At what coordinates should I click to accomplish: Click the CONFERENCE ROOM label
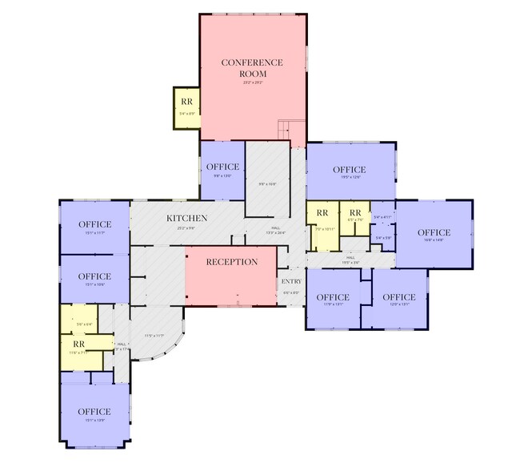coord(253,67)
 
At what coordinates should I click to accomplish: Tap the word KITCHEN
coord(186,218)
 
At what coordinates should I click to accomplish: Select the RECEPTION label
coord(232,262)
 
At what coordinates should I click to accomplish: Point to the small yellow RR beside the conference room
coord(186,102)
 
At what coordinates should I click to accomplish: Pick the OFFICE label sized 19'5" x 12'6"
coord(349,170)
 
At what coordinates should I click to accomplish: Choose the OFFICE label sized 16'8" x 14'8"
coord(434,232)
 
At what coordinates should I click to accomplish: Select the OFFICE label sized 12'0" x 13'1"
coord(399,296)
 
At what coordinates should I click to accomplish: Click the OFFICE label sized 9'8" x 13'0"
coord(222,167)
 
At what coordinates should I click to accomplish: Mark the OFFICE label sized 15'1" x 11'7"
coord(94,224)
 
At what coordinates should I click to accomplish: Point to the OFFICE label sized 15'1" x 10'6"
coord(94,276)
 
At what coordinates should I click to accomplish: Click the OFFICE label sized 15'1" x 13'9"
coord(94,412)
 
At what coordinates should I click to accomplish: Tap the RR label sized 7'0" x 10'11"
coord(322,212)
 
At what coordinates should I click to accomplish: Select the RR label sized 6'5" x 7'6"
coord(354,212)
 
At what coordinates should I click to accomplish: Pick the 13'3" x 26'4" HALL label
coord(275,230)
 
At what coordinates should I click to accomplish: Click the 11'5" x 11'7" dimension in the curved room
coord(154,335)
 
